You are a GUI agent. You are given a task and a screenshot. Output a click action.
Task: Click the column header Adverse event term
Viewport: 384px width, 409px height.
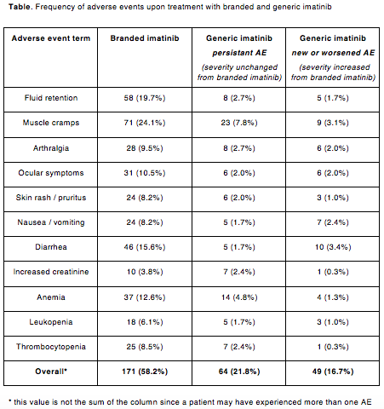pyautogui.click(x=51, y=38)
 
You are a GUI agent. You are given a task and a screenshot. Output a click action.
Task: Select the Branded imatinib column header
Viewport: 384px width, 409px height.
pyautogui.click(x=145, y=38)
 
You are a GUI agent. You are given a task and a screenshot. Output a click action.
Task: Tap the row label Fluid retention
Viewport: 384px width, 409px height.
pyautogui.click(x=51, y=98)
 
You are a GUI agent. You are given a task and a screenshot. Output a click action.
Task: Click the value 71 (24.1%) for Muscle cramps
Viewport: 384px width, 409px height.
pyautogui.click(x=145, y=123)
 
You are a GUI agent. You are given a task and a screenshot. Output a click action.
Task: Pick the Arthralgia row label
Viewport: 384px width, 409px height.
pyautogui.click(x=51, y=148)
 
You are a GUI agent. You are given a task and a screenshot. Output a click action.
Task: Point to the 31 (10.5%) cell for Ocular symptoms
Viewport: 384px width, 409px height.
pyautogui.click(x=145, y=173)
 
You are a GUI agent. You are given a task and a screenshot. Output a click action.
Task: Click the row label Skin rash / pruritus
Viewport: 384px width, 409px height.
pyautogui.click(x=51, y=198)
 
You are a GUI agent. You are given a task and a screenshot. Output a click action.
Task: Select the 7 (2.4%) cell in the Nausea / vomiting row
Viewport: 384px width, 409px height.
pyautogui.click(x=333, y=222)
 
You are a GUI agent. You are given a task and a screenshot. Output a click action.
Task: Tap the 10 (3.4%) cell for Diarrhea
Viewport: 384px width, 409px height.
pyautogui.click(x=333, y=247)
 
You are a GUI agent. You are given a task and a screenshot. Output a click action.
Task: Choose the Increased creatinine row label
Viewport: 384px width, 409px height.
pyautogui.click(x=51, y=272)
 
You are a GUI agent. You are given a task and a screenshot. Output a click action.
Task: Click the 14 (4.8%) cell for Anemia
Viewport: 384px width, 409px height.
pyautogui.click(x=239, y=297)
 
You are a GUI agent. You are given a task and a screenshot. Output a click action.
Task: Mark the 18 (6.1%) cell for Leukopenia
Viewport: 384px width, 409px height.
pyautogui.click(x=145, y=322)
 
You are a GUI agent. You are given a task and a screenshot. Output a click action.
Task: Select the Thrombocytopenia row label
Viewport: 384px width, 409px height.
pyautogui.click(x=51, y=347)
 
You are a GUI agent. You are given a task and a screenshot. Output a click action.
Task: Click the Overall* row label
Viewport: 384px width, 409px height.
pyautogui.click(x=51, y=372)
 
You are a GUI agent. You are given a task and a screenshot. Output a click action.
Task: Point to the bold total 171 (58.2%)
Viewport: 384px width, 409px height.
pyautogui.click(x=145, y=372)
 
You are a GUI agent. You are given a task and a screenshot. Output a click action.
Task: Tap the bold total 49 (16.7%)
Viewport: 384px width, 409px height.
pyautogui.click(x=333, y=372)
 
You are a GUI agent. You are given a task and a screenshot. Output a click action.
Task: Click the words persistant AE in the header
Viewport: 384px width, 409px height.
pyautogui.click(x=239, y=53)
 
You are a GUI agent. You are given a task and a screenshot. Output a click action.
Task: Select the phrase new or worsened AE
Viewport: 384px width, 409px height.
pyautogui.click(x=333, y=53)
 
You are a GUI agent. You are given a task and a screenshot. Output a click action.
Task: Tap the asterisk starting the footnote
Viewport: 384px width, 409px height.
pyautogui.click(x=10, y=401)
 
